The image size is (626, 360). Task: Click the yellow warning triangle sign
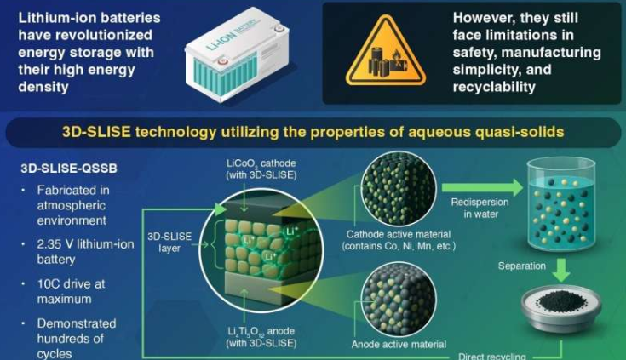[374, 54]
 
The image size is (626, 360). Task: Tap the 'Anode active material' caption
[399, 345]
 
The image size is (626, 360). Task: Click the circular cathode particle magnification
[399, 186]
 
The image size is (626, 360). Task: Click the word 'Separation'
[522, 266]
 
